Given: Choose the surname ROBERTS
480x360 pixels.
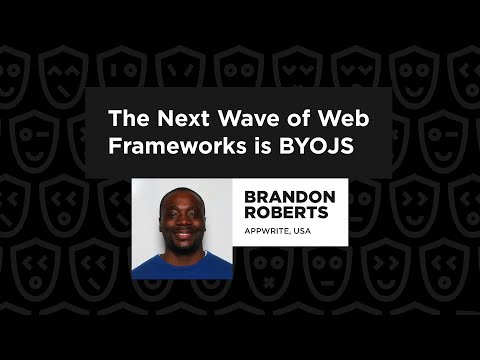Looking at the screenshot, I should pos(286,214).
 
